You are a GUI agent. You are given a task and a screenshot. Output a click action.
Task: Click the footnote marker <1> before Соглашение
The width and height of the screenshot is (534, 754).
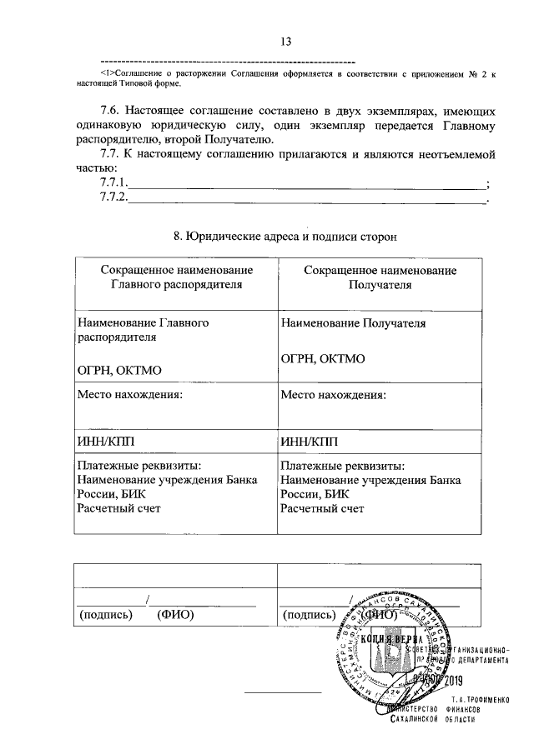[x=107, y=75]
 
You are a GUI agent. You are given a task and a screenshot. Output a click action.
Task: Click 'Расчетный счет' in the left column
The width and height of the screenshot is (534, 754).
[x=118, y=507]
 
